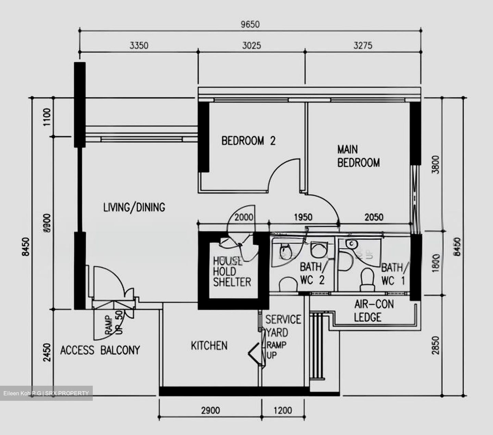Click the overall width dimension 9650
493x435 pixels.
[250, 24]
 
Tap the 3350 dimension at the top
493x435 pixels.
[139, 46]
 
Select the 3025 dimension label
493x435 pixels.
[252, 46]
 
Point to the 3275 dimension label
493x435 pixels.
[363, 46]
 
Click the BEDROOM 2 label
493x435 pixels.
[248, 141]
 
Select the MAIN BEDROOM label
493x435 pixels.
[358, 156]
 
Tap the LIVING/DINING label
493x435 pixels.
[134, 207]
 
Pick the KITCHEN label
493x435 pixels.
[209, 346]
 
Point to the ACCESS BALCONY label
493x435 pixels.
[100, 350]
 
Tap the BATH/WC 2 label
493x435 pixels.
[312, 273]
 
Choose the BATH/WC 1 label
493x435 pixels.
[394, 274]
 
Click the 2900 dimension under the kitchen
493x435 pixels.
[210, 410]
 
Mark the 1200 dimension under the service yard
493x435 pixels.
[283, 410]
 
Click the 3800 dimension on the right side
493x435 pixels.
[435, 165]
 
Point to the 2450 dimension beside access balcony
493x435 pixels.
[47, 352]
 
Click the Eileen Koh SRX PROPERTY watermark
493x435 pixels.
[46, 393]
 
